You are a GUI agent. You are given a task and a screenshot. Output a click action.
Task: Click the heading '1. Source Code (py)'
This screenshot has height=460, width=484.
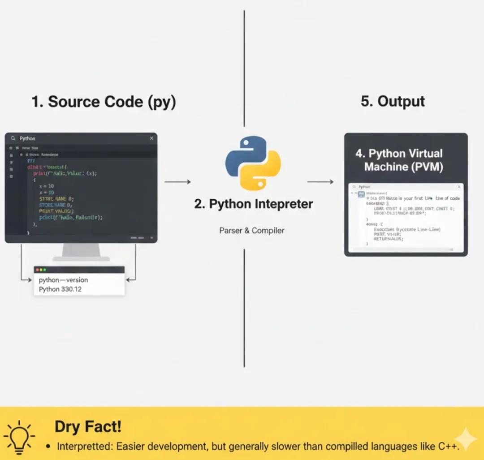click(104, 102)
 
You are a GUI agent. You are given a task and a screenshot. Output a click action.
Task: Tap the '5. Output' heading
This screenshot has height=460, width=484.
click(393, 101)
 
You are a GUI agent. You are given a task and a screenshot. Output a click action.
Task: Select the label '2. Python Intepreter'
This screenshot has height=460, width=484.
click(254, 204)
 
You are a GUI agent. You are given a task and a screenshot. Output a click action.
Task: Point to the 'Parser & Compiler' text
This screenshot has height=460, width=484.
click(252, 230)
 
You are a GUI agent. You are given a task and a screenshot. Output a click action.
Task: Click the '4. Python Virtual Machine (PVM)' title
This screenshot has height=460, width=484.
click(399, 160)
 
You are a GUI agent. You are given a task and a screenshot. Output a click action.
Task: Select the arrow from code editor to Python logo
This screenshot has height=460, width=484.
click(177, 182)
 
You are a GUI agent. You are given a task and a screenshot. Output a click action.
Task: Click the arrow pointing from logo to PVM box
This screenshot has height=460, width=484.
click(320, 182)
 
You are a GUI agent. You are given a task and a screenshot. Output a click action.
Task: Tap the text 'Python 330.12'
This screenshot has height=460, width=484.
click(60, 289)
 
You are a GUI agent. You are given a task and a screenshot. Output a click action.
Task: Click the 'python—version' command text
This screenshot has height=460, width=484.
click(63, 280)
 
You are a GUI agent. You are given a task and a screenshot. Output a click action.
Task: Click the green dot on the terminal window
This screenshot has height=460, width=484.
click(45, 270)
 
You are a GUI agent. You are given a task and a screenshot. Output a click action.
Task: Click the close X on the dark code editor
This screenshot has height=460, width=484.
click(151, 138)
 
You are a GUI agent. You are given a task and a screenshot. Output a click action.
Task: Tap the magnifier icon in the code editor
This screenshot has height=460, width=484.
click(13, 139)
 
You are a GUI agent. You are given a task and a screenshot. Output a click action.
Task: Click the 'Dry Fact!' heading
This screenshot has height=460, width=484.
click(88, 426)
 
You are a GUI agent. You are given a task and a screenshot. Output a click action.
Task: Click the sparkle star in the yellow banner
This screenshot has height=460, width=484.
click(465, 439)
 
